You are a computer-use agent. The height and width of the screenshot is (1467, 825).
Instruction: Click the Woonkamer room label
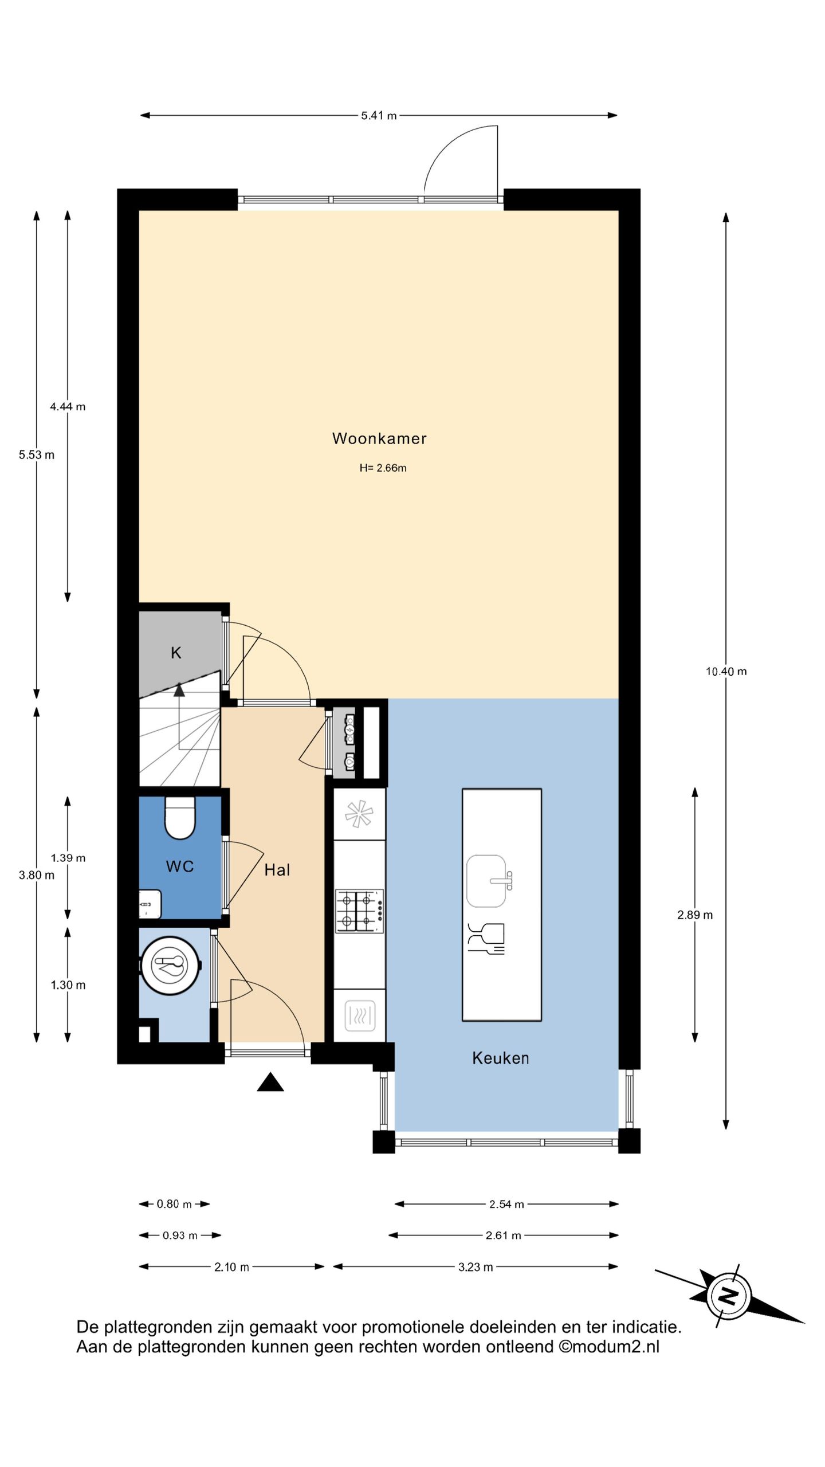click(x=379, y=438)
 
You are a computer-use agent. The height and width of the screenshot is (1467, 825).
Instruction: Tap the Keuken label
click(x=500, y=1058)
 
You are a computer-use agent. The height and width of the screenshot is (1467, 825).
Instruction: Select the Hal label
click(x=277, y=870)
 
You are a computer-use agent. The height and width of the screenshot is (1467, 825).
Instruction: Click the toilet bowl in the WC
click(x=180, y=818)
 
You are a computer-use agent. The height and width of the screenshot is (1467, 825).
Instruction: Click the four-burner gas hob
click(x=359, y=911)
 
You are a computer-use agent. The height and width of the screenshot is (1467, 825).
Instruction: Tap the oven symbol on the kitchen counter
click(x=360, y=1016)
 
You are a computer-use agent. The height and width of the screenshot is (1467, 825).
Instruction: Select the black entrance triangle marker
click(x=270, y=1082)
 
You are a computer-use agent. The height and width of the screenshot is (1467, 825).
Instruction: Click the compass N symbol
click(x=728, y=1297)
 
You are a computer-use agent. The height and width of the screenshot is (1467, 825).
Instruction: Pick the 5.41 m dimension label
click(x=379, y=116)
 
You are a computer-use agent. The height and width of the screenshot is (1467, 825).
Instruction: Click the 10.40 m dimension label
click(x=726, y=672)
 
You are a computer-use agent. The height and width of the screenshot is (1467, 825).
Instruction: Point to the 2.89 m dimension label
click(x=695, y=915)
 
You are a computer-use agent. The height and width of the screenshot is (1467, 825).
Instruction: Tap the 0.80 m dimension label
click(x=174, y=1204)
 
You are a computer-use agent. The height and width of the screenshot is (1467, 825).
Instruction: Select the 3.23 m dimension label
click(x=476, y=1267)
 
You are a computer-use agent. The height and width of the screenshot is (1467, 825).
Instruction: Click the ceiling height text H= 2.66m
click(x=383, y=468)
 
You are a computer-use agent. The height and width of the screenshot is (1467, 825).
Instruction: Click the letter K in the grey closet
click(x=176, y=653)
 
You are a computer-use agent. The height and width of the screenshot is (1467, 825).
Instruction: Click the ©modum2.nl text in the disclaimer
click(x=609, y=1347)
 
